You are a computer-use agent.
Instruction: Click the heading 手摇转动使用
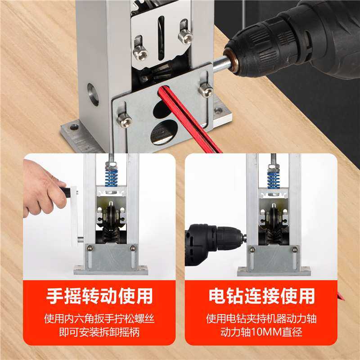(100, 296)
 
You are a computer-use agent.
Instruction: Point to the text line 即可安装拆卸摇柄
(100, 333)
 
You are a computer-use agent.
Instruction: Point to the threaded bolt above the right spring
(272, 158)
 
